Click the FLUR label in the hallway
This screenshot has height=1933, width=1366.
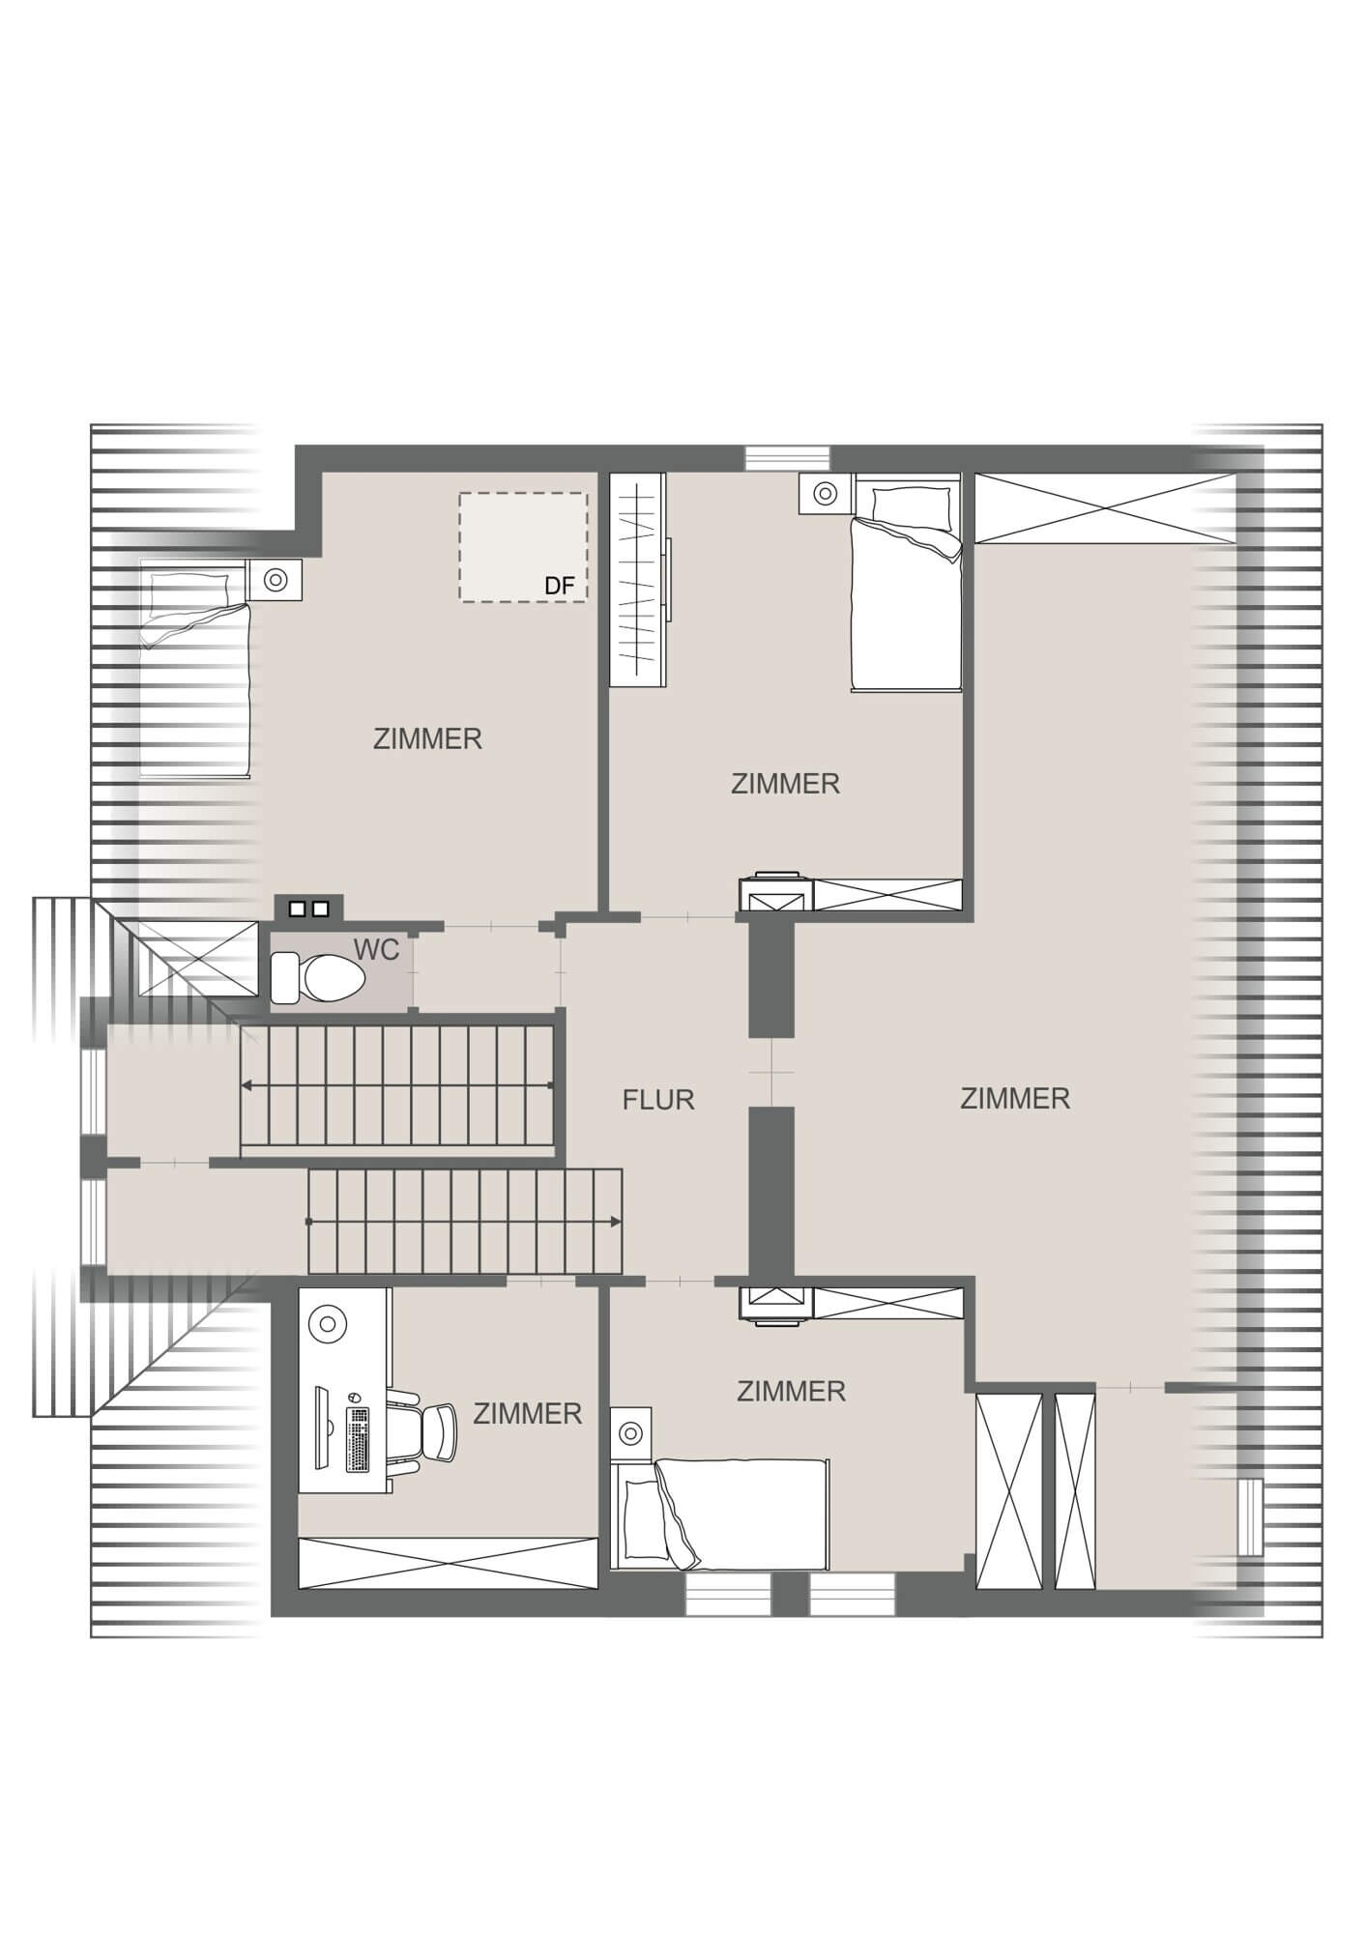click(658, 1099)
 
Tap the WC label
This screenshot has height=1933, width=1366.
click(376, 950)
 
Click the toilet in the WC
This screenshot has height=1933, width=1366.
click(319, 977)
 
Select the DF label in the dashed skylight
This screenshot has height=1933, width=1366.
click(560, 586)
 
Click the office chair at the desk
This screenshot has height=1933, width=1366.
click(429, 1433)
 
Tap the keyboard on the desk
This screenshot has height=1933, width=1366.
click(358, 1440)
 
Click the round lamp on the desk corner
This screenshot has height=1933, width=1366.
click(329, 1322)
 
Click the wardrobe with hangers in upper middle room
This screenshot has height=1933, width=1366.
click(637, 580)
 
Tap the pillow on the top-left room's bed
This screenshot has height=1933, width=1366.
click(189, 590)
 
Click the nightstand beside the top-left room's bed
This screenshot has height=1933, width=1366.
click(276, 580)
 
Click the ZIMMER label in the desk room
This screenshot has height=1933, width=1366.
click(527, 1413)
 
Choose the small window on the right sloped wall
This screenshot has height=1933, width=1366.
click(1251, 1516)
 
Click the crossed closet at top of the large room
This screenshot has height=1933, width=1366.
click(1105, 508)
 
